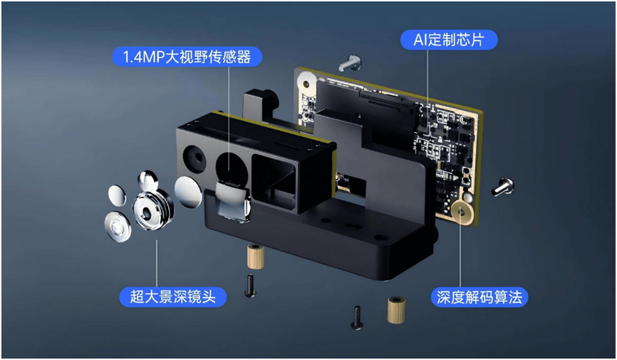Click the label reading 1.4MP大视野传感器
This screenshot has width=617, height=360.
click(187, 57)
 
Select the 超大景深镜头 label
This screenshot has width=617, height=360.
click(173, 297)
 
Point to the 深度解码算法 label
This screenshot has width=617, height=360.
click(479, 297)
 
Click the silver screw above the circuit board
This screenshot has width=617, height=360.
click(349, 62)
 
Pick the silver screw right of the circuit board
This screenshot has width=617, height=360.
click(503, 187)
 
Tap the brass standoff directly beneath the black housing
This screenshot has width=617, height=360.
click(256, 256)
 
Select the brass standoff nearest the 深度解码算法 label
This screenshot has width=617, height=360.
click(396, 310)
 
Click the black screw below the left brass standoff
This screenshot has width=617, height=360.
click(250, 285)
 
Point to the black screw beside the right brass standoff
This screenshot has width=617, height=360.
click(356, 317)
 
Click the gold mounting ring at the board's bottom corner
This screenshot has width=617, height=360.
click(462, 212)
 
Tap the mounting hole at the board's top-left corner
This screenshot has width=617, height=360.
click(306, 83)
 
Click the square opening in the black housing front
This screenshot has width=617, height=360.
click(274, 183)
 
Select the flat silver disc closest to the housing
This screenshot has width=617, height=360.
click(188, 192)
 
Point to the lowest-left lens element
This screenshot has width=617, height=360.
click(118, 227)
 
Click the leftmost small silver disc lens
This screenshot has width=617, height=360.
click(117, 195)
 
